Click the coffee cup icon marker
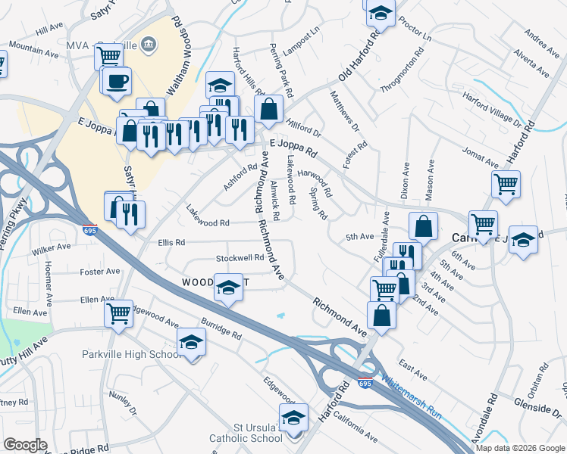(x=117, y=81)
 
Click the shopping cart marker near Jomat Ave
(x=505, y=182)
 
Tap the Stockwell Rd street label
(x=240, y=258)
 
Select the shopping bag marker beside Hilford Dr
(x=269, y=110)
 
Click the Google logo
(x=25, y=445)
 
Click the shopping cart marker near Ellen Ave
(x=118, y=313)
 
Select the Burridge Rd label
(x=221, y=328)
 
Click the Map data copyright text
(x=520, y=447)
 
